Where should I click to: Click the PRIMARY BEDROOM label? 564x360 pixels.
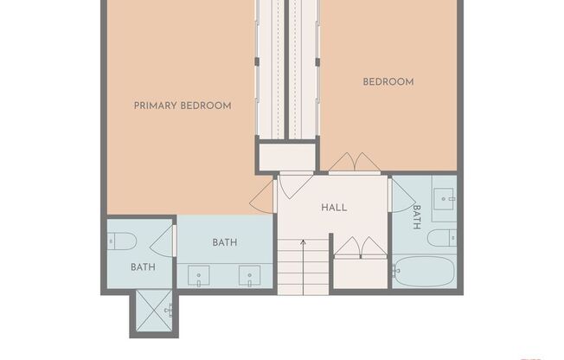pyautogui.click(x=183, y=106)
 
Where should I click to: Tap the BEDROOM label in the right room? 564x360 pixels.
pyautogui.click(x=388, y=82)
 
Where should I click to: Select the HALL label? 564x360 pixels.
pyautogui.click(x=334, y=208)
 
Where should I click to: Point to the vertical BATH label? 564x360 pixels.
pyautogui.click(x=416, y=216)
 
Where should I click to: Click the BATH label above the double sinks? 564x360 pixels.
pyautogui.click(x=225, y=243)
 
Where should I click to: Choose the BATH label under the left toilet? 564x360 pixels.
pyautogui.click(x=143, y=267)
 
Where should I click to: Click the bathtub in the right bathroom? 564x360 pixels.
pyautogui.click(x=423, y=271)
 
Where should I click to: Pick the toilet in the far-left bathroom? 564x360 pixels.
pyautogui.click(x=121, y=241)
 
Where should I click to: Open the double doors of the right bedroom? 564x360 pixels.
pyautogui.click(x=355, y=163)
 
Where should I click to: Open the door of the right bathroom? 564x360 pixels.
pyautogui.click(x=401, y=196)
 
